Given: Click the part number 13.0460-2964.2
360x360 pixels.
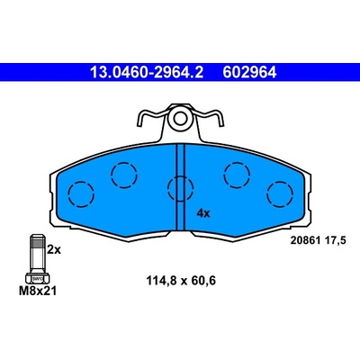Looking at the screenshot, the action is pos(147,72).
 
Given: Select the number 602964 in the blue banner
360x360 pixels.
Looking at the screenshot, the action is pos(249,72).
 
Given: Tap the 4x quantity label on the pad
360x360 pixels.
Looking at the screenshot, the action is pos(203,213).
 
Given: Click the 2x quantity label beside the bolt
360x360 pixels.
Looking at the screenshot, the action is pos(54,249).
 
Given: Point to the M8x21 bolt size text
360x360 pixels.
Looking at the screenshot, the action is pos(38,291).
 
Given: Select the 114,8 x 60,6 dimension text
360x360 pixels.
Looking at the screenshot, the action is pos(181,281).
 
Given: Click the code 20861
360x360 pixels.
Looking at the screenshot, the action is pos(306,240).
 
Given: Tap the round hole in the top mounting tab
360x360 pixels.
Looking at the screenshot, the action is pos(180,118).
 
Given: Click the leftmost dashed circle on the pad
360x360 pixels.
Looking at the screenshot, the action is pos(81,194).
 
